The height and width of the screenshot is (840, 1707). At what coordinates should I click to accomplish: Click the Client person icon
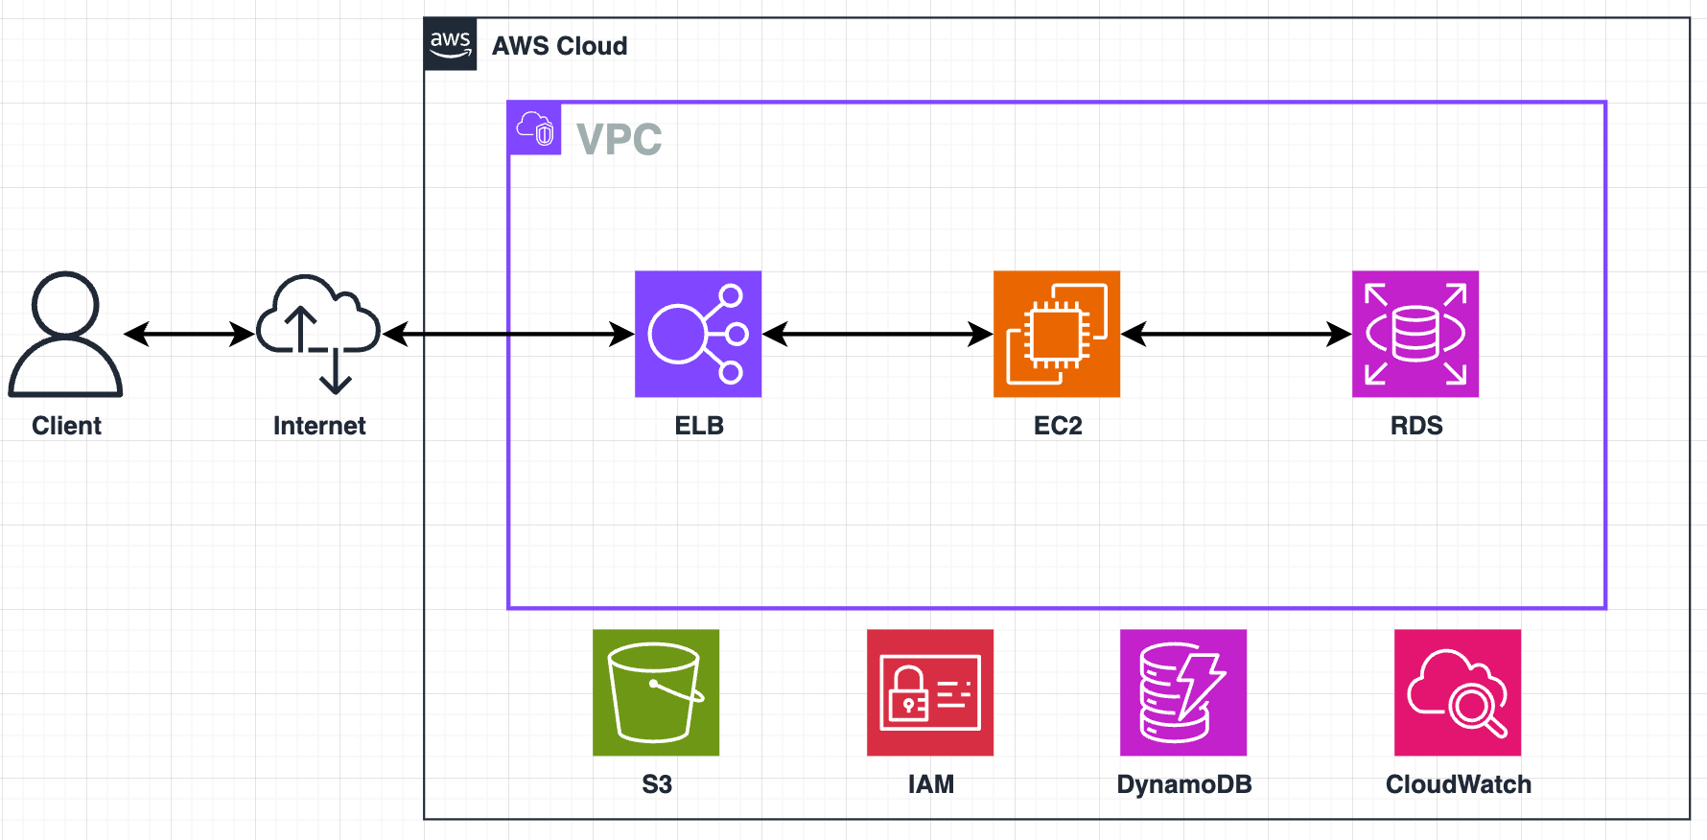[x=65, y=334]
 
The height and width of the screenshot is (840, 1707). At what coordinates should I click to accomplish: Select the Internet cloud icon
[x=318, y=334]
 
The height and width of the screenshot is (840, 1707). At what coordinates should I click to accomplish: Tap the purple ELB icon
[x=698, y=334]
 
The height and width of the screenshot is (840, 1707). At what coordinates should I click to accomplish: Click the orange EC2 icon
[x=1057, y=334]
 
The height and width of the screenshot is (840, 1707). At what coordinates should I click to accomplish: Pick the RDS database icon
[x=1415, y=334]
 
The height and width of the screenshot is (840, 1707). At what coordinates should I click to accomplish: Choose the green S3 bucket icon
[x=656, y=692]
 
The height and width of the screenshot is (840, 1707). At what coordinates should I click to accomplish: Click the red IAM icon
[x=930, y=692]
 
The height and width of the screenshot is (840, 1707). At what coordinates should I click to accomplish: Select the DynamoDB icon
[x=1183, y=692]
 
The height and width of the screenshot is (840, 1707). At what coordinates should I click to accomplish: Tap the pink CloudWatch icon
[x=1458, y=692]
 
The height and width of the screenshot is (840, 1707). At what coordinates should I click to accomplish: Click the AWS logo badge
[x=450, y=44]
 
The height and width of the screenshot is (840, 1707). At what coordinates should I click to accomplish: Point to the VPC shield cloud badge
[x=534, y=128]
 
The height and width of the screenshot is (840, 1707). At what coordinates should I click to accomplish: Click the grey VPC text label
[x=620, y=139]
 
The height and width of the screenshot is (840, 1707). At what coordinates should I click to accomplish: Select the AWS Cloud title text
[x=560, y=46]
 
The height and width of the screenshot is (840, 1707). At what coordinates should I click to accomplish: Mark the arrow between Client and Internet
[x=190, y=334]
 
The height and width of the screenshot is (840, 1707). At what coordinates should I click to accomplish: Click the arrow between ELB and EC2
[x=877, y=334]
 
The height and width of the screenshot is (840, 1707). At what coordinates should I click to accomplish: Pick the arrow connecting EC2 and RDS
[x=1236, y=334]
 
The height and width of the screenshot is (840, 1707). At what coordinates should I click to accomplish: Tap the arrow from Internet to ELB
[x=508, y=334]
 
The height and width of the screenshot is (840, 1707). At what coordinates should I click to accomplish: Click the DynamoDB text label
[x=1184, y=784]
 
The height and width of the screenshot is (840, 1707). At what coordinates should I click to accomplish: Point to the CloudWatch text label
[x=1459, y=784]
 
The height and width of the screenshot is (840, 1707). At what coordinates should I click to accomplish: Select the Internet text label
[x=319, y=426]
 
